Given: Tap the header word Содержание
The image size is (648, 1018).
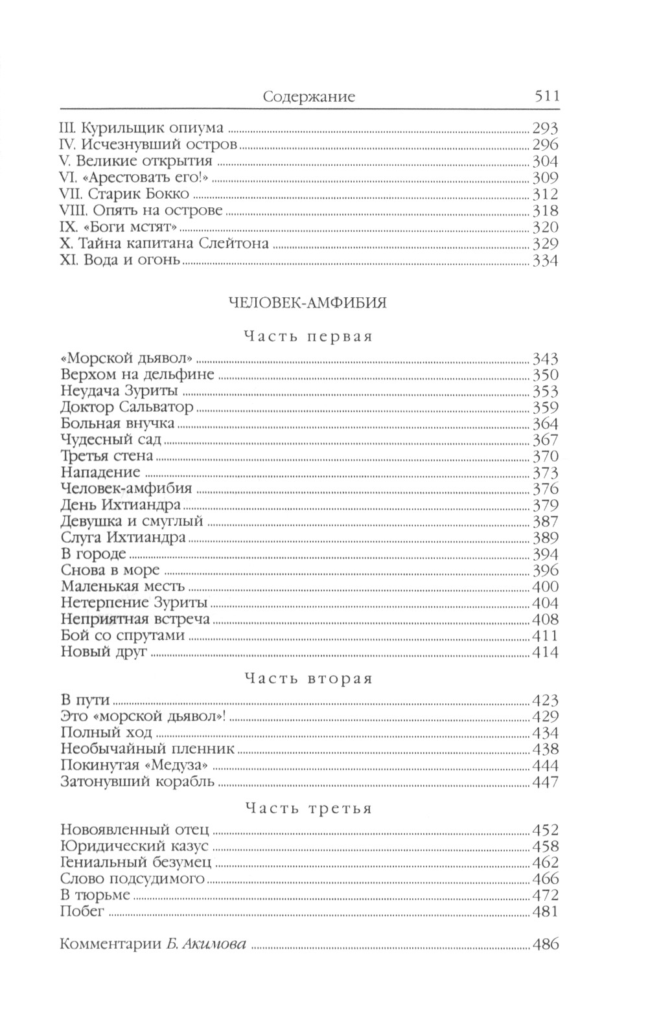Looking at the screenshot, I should click(309, 97).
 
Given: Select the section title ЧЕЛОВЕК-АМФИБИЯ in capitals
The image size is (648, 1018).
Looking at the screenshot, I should click(308, 303).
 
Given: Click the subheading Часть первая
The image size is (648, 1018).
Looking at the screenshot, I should click(308, 336).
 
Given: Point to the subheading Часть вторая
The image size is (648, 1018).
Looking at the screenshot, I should click(308, 679).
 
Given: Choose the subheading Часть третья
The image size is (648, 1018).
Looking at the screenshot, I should click(308, 809).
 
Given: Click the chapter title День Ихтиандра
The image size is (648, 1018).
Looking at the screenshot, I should click(121, 504).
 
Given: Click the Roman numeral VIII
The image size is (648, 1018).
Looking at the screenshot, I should click(72, 210).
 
